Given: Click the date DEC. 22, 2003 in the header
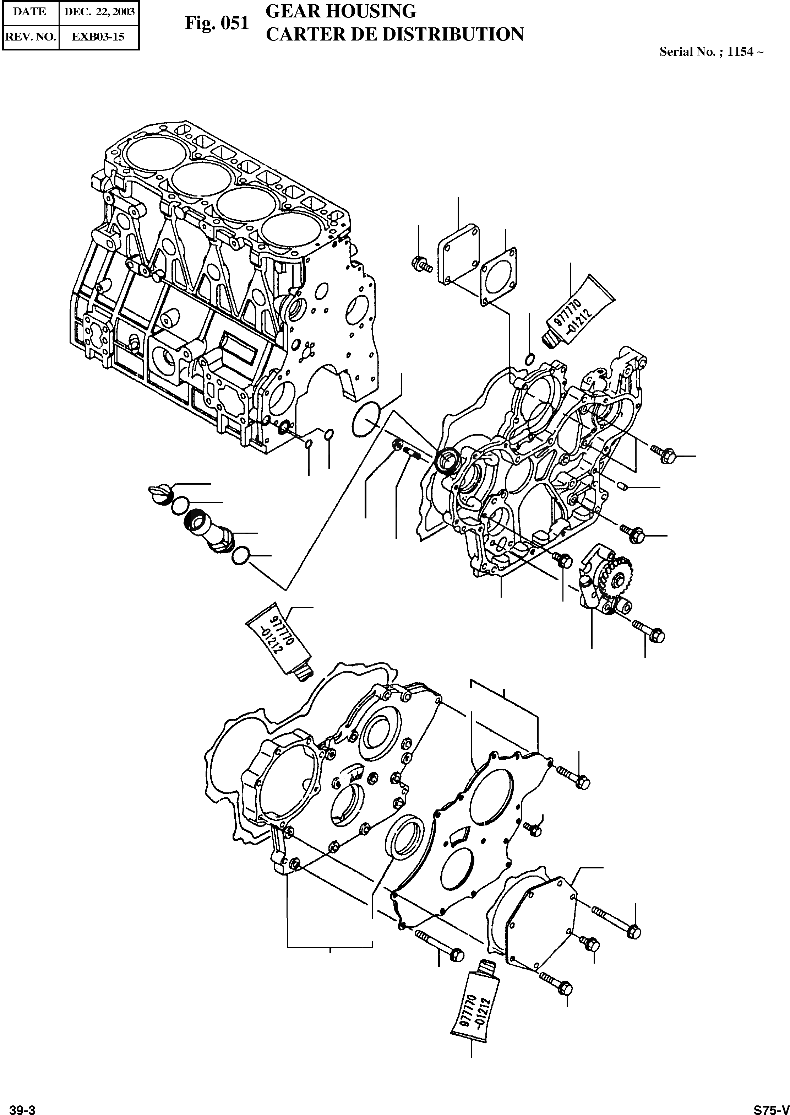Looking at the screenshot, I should (99, 12).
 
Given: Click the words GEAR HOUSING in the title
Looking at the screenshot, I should (341, 11).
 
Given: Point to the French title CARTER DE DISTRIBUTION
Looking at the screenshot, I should (394, 34).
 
